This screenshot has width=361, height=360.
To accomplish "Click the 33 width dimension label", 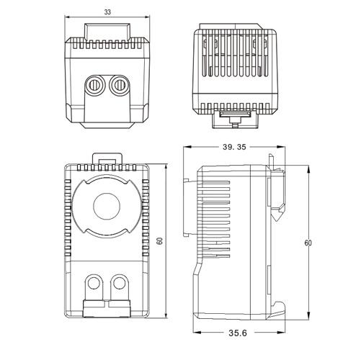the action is pos(107,12).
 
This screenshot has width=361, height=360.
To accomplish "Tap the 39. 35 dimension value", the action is pos(234,147).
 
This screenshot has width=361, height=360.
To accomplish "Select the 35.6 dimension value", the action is pos(238,333).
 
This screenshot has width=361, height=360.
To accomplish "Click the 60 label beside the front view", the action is pos(159,240).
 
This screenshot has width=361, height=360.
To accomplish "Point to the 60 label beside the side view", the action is pos(308,243).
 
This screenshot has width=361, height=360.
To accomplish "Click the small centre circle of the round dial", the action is pos(107,207).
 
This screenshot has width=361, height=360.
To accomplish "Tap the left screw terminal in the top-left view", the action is pos(94,85).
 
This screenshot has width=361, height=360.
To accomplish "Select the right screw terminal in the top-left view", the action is pos(119,85).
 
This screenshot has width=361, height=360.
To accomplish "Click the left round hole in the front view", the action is pos(94,283).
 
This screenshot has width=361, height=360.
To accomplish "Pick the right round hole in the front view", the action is pos(119,283).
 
